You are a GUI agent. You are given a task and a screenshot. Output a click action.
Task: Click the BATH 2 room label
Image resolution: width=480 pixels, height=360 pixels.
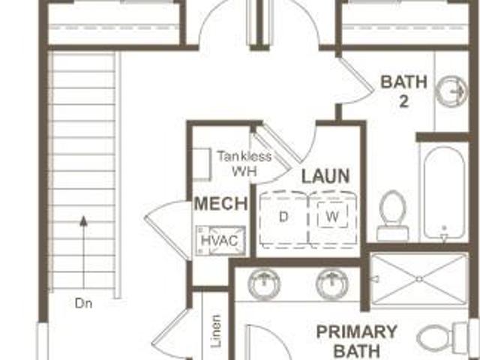(x=403, y=91)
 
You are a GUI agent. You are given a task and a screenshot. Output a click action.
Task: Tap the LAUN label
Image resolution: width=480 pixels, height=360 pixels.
(x=325, y=176)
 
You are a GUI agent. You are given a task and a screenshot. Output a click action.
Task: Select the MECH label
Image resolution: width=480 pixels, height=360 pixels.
(x=221, y=203)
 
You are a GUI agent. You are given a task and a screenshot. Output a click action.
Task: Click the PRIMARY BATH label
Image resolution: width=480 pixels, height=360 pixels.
(x=357, y=341)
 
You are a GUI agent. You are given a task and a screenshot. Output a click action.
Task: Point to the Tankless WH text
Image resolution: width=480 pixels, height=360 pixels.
(x=244, y=163)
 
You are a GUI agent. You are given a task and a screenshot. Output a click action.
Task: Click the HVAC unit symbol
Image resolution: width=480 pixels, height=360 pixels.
(x=221, y=241)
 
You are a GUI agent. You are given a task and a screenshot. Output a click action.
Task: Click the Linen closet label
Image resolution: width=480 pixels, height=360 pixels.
(x=216, y=331)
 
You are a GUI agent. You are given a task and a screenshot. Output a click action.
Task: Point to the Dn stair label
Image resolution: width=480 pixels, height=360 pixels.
(x=83, y=304)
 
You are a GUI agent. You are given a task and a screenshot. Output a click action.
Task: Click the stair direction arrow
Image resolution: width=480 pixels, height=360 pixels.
(x=83, y=252)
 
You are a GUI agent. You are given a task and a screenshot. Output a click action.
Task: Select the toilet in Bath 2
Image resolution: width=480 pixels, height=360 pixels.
(x=393, y=216)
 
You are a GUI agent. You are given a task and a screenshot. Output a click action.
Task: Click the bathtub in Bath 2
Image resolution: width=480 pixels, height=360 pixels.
(x=444, y=192)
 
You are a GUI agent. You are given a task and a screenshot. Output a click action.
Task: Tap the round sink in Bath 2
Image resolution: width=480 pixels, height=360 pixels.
(x=451, y=91)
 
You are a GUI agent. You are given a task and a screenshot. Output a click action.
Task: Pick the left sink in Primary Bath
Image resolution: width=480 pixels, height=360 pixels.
(x=264, y=283)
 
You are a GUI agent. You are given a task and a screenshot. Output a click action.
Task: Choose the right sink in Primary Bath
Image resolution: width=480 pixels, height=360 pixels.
(x=332, y=283)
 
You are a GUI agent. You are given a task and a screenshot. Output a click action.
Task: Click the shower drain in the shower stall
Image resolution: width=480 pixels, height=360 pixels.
(x=419, y=279)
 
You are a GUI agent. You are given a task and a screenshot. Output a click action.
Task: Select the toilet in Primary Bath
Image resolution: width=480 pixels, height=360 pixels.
(x=444, y=338)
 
